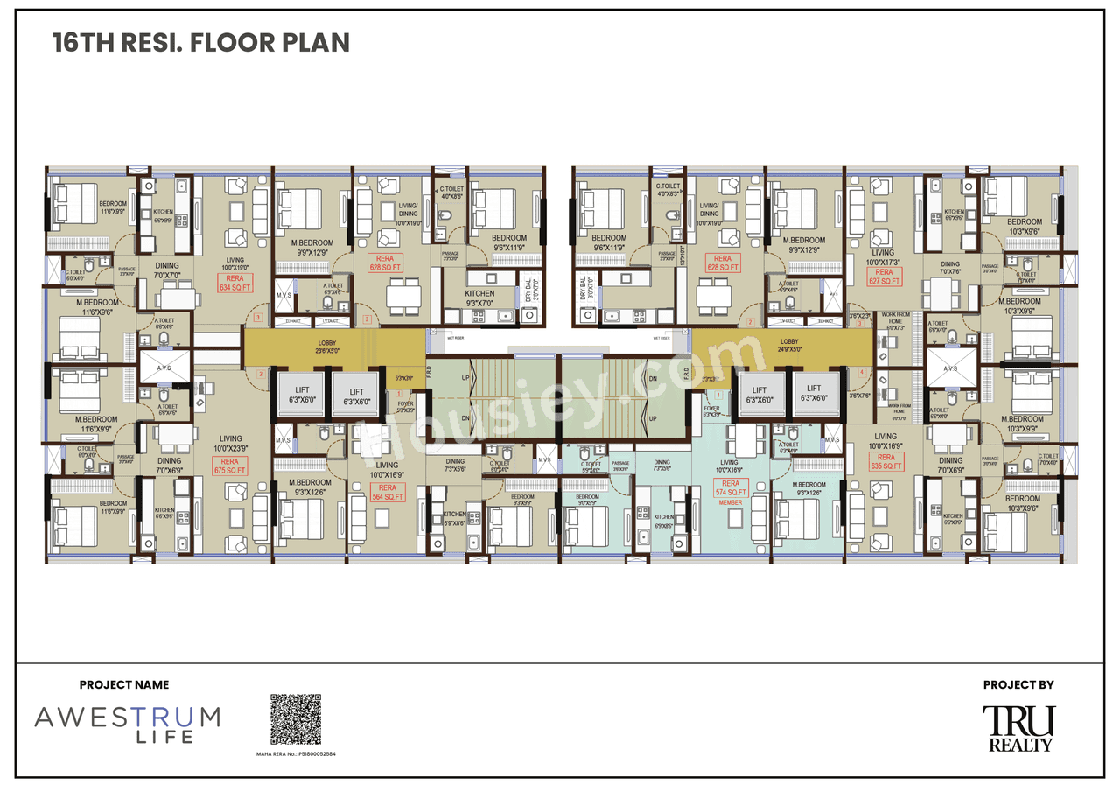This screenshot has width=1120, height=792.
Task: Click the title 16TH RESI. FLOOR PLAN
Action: point(201,43)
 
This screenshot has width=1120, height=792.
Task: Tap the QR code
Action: point(296,719)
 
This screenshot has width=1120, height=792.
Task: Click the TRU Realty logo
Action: point(1018,728)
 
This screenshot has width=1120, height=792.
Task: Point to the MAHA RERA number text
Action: point(296,753)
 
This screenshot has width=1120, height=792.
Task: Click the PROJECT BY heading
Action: point(1018,685)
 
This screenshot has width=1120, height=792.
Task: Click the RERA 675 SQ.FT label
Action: point(229,466)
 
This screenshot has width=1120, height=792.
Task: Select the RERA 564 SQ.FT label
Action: point(387,492)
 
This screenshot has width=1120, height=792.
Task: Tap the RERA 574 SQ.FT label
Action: point(730,487)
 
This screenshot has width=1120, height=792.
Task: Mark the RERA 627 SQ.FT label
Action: point(885,277)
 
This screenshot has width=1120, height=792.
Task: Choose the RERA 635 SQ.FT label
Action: point(885,461)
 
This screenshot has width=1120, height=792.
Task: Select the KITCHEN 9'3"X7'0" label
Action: point(479,298)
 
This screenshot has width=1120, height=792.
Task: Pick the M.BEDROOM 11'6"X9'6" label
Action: point(85,305)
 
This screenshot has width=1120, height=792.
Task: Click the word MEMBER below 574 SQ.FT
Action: point(730,502)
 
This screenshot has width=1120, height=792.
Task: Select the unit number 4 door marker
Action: point(862,373)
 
